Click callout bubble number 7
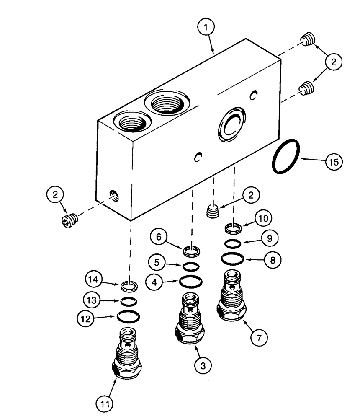click(x=259, y=337)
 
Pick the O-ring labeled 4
click(x=191, y=282)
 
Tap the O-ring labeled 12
click(x=128, y=316)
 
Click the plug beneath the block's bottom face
click(x=214, y=210)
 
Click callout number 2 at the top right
click(x=334, y=62)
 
